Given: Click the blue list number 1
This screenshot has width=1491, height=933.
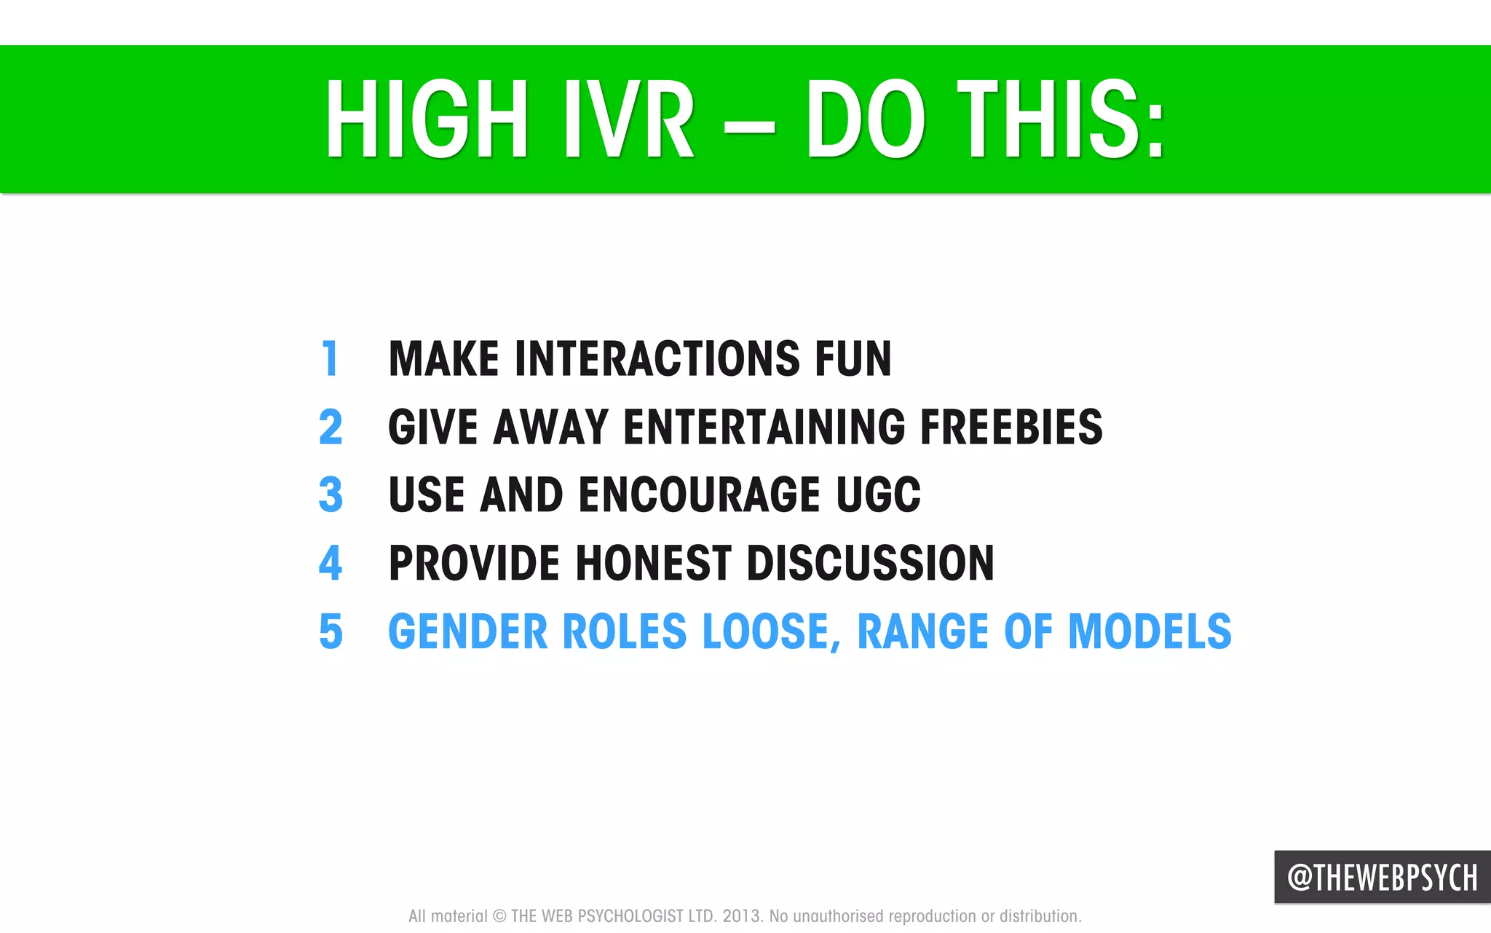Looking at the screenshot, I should point(331,358).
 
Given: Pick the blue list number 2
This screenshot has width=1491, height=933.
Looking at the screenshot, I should point(331,427).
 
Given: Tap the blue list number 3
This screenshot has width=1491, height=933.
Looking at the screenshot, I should point(331,495).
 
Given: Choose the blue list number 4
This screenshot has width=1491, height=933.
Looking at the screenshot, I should point(331,563).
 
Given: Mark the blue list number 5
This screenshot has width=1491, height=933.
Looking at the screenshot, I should point(331,631).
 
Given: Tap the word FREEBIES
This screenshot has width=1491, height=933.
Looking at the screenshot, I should point(1011,427).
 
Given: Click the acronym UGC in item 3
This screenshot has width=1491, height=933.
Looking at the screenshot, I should point(878,495).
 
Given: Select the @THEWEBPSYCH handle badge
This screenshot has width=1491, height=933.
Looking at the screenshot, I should point(1382,877).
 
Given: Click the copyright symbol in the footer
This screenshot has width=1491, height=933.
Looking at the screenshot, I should point(499,916).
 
